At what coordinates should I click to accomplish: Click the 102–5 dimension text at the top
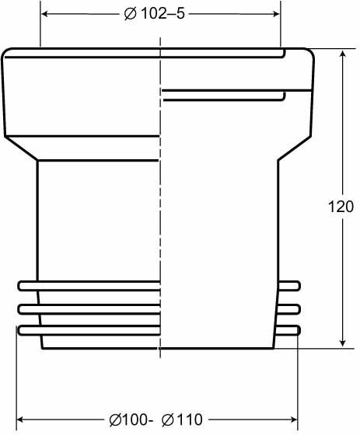tap(166, 14)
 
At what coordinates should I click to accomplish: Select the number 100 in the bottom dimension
tap(137, 420)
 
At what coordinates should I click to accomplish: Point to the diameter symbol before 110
tap(167, 420)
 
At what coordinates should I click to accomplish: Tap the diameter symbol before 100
tap(115, 420)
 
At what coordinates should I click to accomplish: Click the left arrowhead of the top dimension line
tap(44, 14)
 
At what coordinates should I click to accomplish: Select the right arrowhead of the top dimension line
tap(274, 14)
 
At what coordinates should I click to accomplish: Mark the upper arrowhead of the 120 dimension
tap(342, 55)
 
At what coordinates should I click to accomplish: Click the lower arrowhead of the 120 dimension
tap(342, 343)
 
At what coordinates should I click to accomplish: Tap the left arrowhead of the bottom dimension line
tap(22, 419)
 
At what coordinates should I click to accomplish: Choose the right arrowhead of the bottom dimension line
tap(294, 419)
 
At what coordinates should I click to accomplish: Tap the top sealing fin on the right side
tap(289, 285)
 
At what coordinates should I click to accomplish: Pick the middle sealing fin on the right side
tap(289, 308)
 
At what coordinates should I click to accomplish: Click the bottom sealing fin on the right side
tap(289, 330)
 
